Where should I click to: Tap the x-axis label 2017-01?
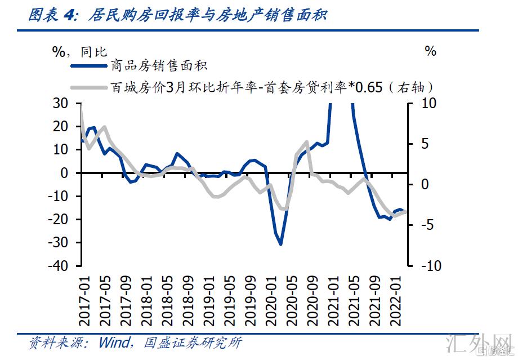coord(84,301)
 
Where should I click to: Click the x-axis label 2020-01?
coord(269,301)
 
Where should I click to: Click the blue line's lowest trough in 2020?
coord(280,244)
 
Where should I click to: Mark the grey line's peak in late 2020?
coord(307,141)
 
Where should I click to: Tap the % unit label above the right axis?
coord(431,51)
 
